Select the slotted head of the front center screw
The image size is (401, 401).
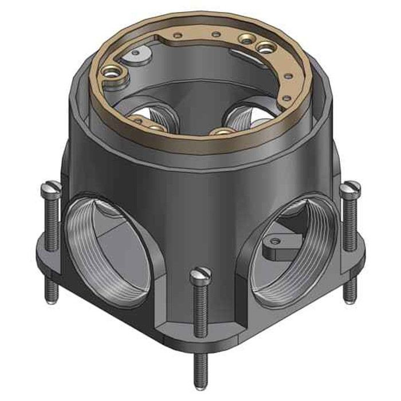200,274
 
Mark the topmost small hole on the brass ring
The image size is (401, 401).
215,35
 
